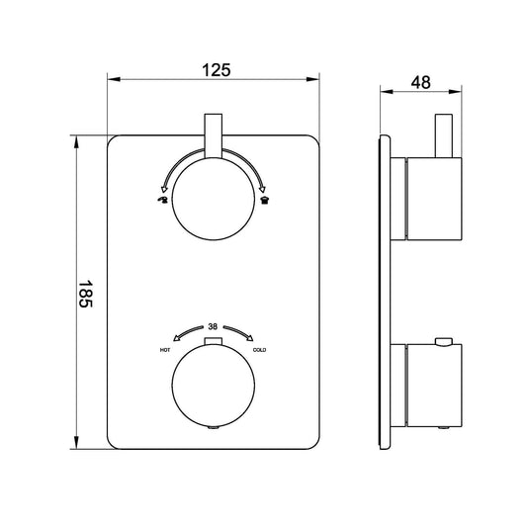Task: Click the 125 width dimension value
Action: [x=217, y=69]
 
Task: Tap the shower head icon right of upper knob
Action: [x=264, y=201]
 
